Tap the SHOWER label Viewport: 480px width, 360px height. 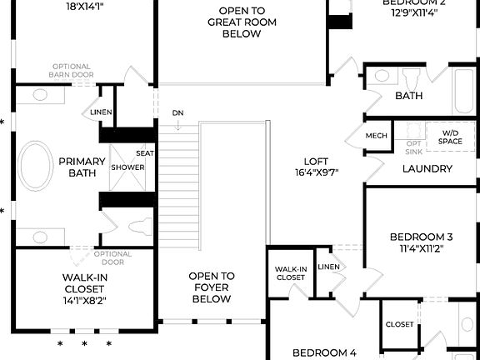[127, 167]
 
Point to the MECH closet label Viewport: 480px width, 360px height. [376, 135]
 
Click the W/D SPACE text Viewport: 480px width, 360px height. [451, 137]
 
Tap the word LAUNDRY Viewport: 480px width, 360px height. [427, 168]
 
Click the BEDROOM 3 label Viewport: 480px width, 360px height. [421, 242]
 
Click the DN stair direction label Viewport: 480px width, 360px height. [177, 112]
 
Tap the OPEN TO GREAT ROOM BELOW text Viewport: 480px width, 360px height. [242, 23]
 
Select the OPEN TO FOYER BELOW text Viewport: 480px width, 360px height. [211, 287]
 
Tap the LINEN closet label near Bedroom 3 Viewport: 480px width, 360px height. [329, 267]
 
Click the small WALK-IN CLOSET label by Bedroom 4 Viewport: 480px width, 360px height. [291, 272]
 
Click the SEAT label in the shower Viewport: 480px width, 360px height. [144, 153]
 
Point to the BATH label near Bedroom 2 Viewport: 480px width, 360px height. [408, 96]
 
